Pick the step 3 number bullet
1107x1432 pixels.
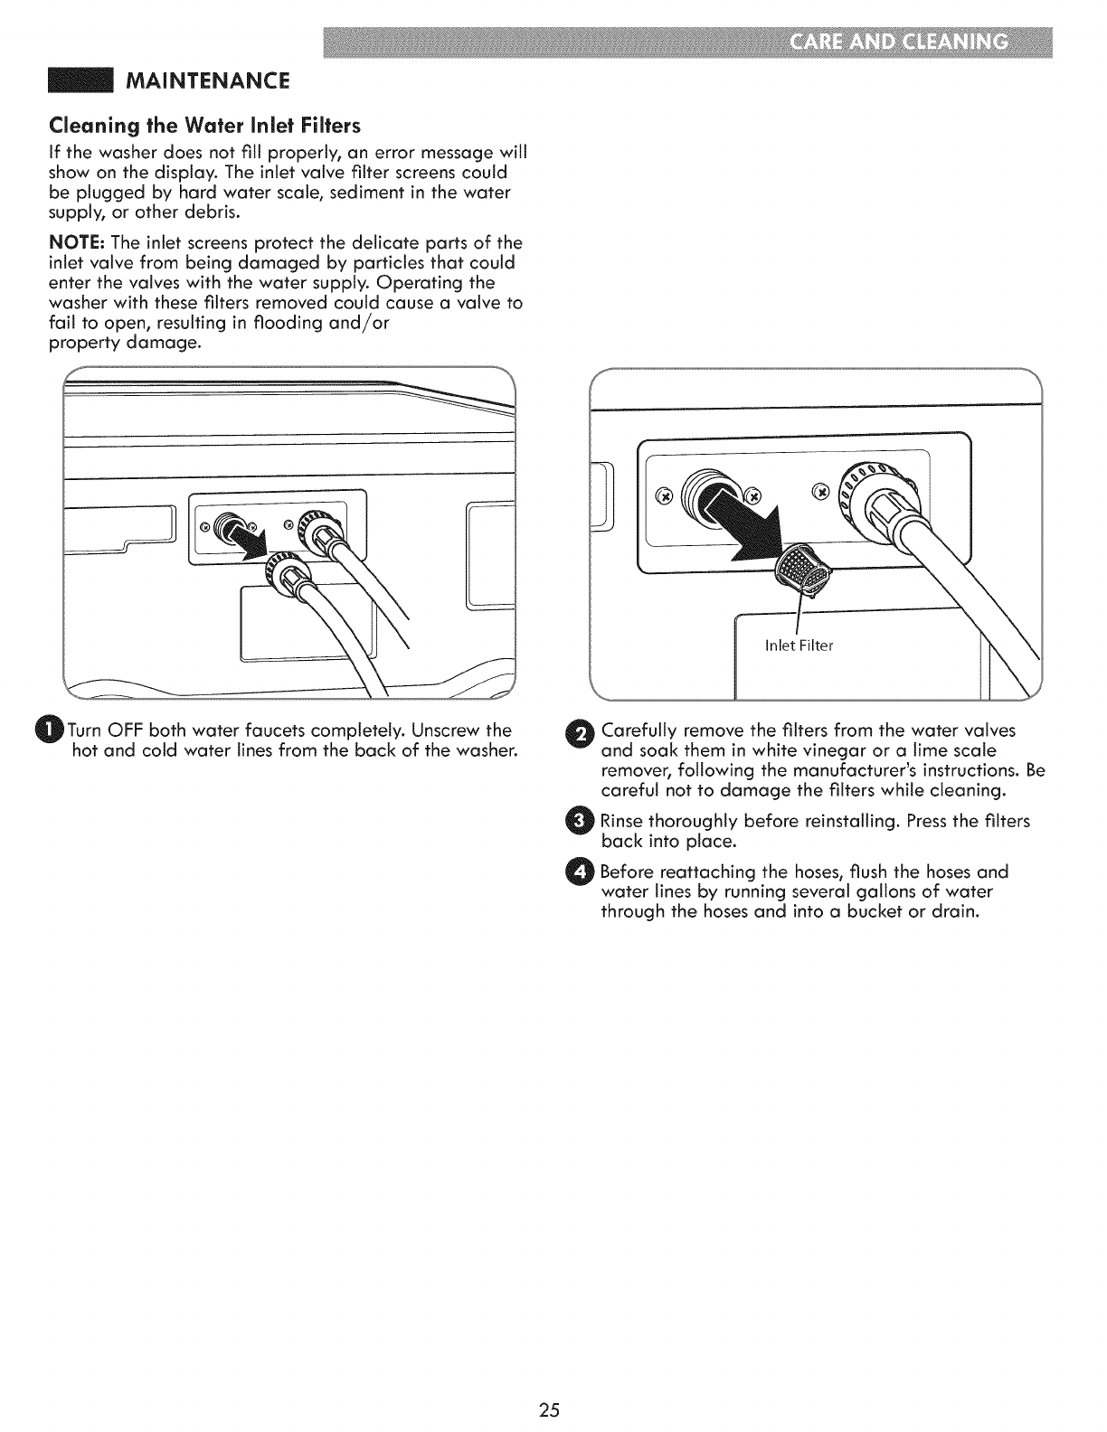(x=583, y=822)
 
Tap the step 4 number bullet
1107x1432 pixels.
(x=583, y=872)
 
